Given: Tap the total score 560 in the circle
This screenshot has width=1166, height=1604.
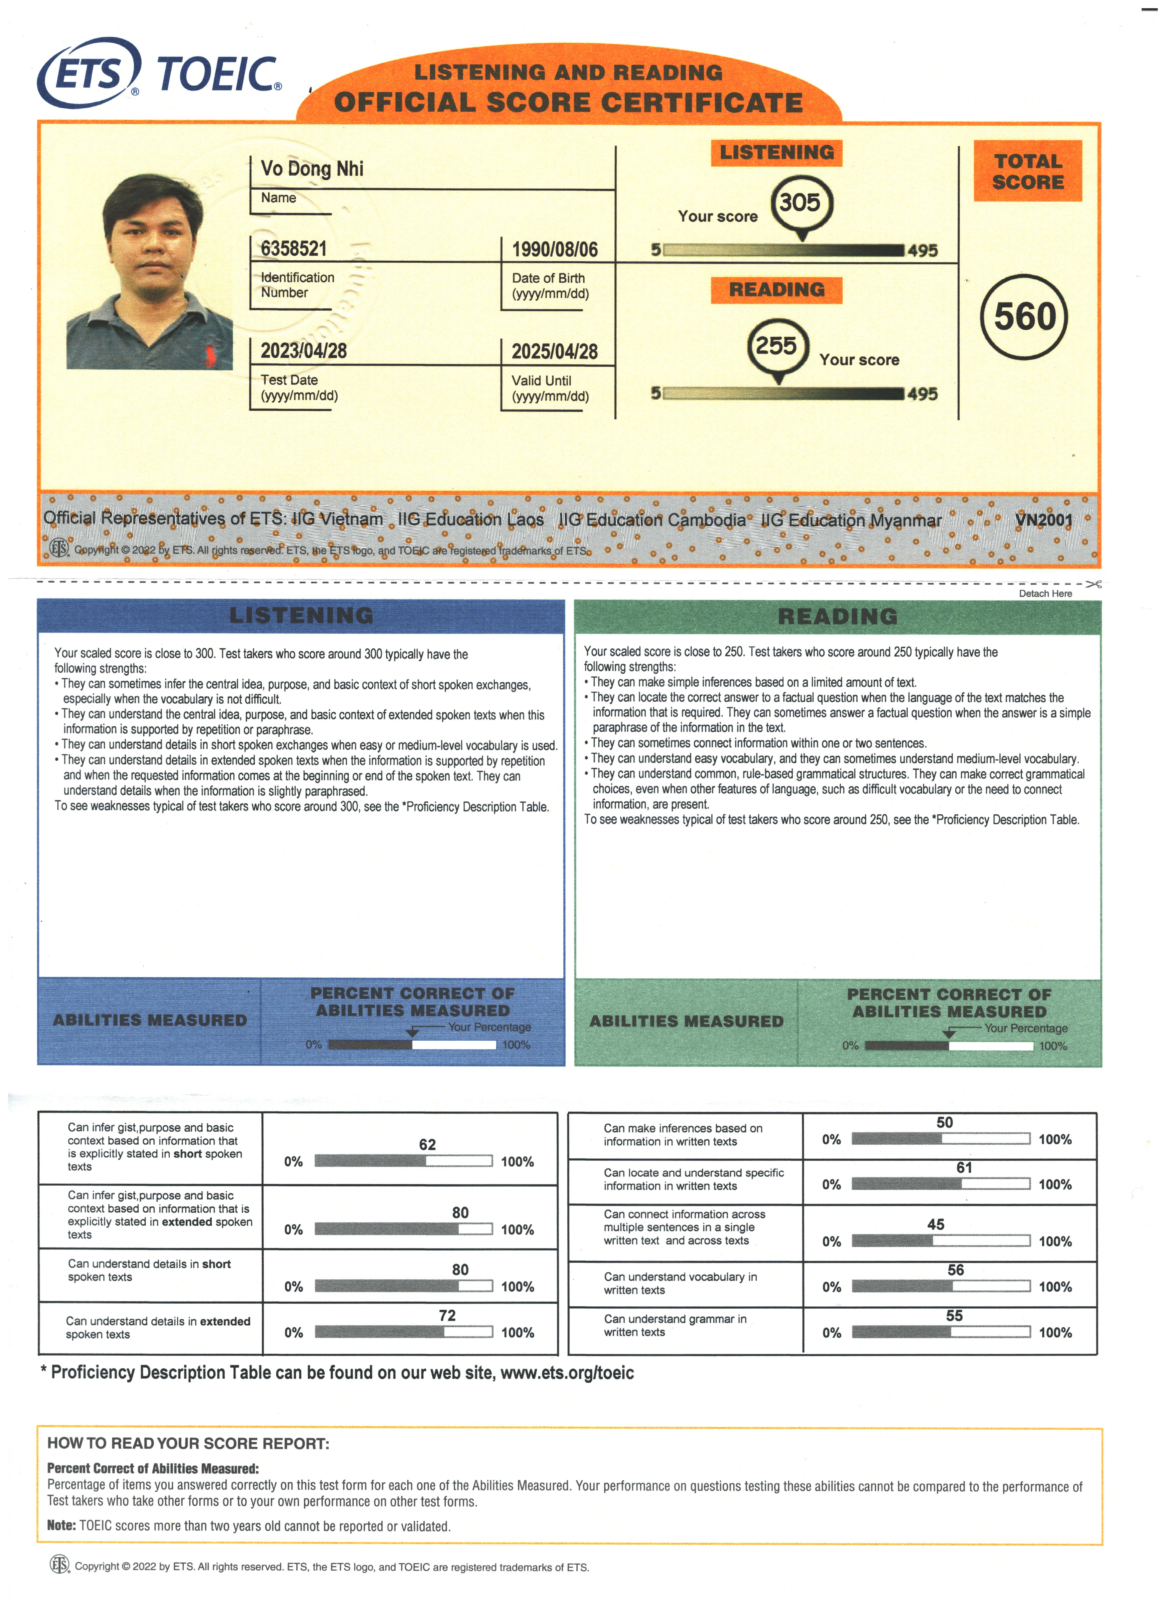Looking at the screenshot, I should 1024,316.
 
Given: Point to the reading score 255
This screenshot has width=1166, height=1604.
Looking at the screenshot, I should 776,346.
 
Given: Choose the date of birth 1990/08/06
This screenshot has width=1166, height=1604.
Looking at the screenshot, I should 554,250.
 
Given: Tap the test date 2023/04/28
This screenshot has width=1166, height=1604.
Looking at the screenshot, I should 303,351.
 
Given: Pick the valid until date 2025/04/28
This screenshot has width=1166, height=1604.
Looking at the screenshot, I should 554,351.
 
